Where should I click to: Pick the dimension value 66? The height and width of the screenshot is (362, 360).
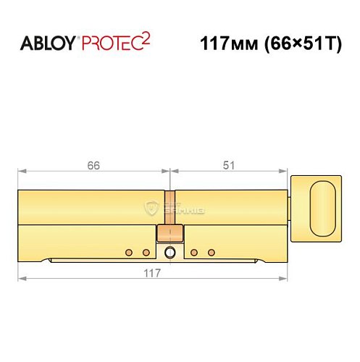(93, 165)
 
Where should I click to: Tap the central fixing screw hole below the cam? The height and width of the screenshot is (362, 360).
(169, 253)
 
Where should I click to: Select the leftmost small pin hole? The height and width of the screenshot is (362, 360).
(129, 253)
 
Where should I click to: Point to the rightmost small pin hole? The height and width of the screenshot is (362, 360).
(212, 253)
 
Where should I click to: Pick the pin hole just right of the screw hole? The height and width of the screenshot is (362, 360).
(194, 253)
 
